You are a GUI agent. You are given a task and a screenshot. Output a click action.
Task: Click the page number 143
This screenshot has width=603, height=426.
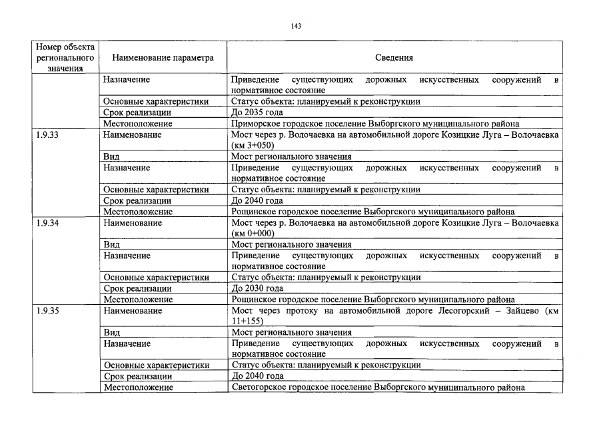[x=297, y=26]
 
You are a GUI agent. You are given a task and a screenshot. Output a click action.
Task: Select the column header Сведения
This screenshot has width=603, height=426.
[x=394, y=58]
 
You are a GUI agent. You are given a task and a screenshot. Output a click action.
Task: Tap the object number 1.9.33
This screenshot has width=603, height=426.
[x=47, y=134]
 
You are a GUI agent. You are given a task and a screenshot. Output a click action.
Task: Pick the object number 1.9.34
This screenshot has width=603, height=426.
[x=47, y=223]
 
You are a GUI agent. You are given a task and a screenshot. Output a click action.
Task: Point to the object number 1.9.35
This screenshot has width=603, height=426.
[x=47, y=311]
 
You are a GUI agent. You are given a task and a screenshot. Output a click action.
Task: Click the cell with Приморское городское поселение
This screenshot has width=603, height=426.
[x=375, y=123]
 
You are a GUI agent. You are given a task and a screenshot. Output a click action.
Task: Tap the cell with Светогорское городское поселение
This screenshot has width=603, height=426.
[x=378, y=387]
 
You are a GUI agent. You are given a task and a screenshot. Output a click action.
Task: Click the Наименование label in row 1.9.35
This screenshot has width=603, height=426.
[x=133, y=311]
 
